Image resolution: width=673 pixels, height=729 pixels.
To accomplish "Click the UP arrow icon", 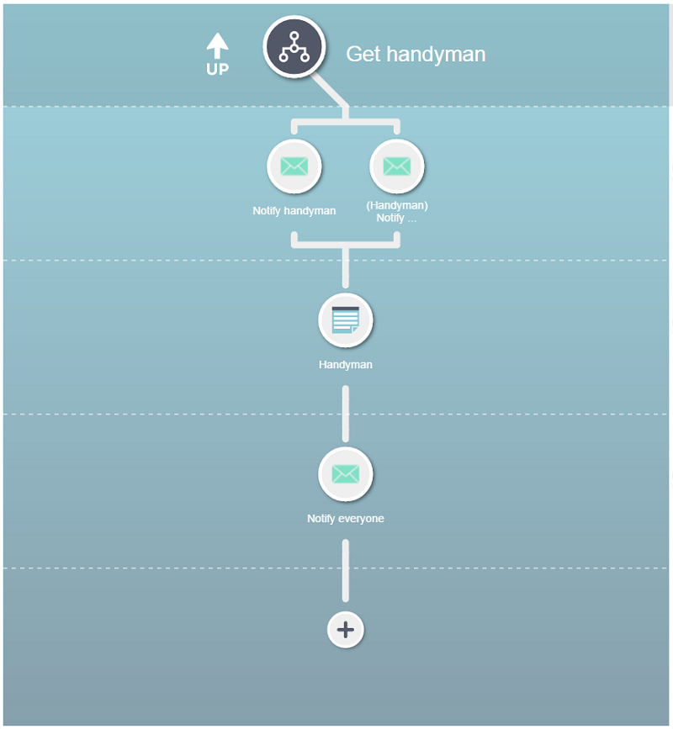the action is (x=217, y=45).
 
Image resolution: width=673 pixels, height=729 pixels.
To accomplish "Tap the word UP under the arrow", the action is (x=217, y=69).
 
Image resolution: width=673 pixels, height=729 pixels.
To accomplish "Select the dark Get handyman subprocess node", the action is (x=294, y=46).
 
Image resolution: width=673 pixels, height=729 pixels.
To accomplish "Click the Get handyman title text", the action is (x=416, y=54).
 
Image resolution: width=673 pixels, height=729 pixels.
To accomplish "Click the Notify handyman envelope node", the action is (x=294, y=166).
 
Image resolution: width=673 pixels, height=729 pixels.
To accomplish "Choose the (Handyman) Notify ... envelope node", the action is (x=397, y=166).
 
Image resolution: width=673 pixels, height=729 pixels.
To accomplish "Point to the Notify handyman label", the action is (x=294, y=210).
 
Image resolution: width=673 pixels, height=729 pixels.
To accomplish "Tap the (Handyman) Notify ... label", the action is (x=397, y=212).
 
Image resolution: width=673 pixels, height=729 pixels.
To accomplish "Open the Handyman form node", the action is (x=345, y=320).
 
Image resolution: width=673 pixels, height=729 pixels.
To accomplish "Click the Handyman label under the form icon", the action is (x=345, y=365).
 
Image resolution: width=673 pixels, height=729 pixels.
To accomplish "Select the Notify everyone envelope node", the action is (x=345, y=473).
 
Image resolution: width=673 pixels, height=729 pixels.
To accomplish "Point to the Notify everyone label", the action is (x=345, y=519).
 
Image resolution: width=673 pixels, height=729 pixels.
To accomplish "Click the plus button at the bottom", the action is (x=345, y=630).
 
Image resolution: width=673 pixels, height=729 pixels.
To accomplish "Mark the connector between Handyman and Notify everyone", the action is (x=345, y=414).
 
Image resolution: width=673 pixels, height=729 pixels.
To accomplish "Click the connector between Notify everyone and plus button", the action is (x=345, y=570).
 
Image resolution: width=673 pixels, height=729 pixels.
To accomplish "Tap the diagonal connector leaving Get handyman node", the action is (x=329, y=89).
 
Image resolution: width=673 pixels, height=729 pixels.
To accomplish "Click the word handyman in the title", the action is (x=436, y=54).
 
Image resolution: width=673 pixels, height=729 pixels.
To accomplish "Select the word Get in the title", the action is (x=363, y=54).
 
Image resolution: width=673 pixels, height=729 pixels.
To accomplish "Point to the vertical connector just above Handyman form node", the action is (x=345, y=267).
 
